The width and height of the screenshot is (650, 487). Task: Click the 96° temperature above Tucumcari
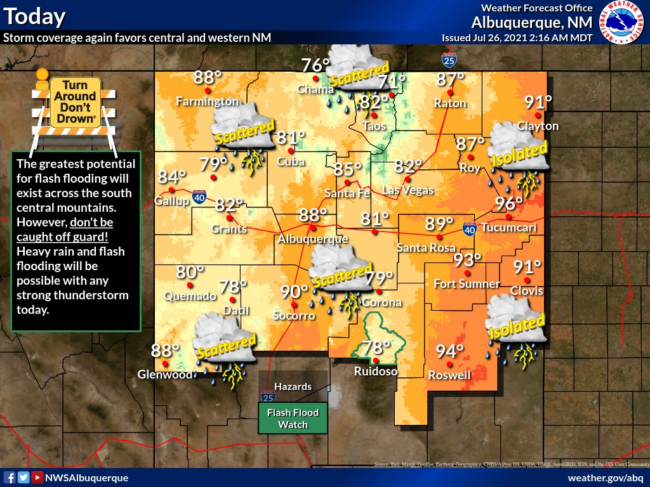[509, 204]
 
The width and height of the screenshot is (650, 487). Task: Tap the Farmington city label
[207, 101]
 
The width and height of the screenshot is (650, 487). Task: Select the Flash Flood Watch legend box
[293, 419]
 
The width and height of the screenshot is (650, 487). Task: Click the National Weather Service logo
[622, 23]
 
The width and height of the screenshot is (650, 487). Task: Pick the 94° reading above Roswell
[449, 351]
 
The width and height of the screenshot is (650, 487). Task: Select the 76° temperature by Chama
[315, 66]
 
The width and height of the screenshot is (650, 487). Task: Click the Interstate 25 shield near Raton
[448, 60]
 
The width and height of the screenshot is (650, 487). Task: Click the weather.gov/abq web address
[606, 477]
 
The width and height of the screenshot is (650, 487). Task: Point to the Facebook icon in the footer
[10, 477]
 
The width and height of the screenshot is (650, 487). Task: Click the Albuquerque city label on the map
[313, 239]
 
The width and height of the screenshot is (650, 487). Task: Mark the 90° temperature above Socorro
[294, 292]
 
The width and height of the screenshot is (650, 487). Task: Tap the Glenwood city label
[165, 375]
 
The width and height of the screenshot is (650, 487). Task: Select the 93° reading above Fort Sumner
[467, 260]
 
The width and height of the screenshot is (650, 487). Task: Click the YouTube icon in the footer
[37, 477]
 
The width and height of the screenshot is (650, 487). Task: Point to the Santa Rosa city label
[427, 248]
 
